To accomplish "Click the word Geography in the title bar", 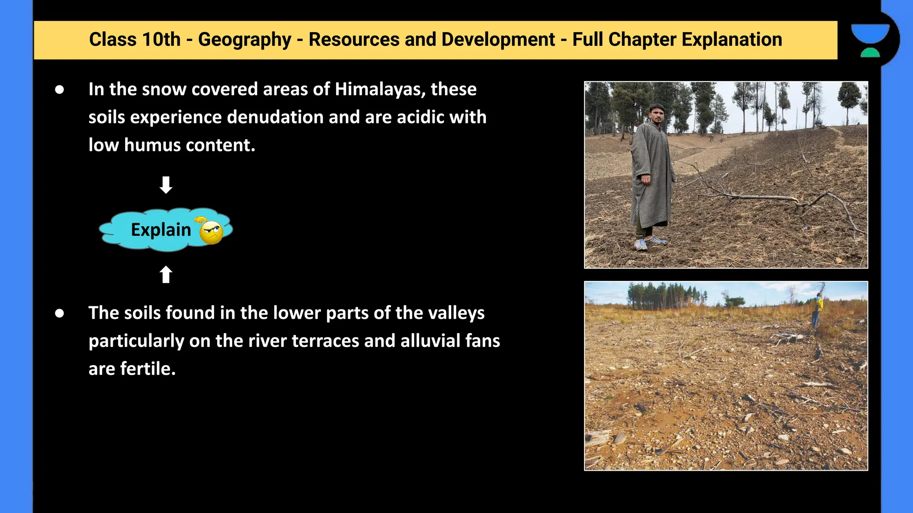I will click(x=244, y=40).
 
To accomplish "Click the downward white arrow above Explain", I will click(x=166, y=185).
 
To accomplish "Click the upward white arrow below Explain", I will click(x=166, y=274).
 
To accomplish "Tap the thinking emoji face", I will click(x=211, y=232).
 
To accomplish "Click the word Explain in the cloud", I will click(x=161, y=230).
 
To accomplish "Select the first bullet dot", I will click(x=60, y=90).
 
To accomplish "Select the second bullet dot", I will click(x=60, y=313).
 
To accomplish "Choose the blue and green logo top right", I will click(x=870, y=40).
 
